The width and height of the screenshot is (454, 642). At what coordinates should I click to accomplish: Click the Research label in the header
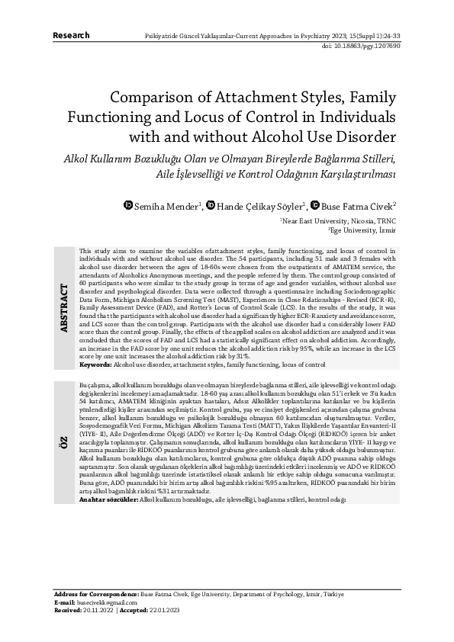71,35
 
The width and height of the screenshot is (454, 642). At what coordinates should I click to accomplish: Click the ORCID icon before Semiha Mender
128,205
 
